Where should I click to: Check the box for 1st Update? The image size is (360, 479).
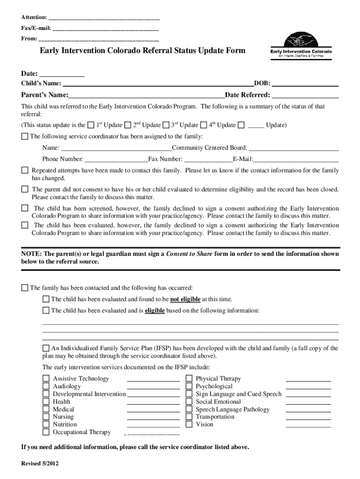[x=91, y=125]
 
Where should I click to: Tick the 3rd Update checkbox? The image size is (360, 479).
[x=166, y=125]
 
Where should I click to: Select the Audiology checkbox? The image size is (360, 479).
[x=46, y=386]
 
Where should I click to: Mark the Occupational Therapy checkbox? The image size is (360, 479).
[x=46, y=432]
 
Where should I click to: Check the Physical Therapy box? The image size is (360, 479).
[x=189, y=378]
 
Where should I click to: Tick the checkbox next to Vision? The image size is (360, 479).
[x=189, y=424]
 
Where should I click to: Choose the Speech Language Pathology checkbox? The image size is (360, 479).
[x=189, y=409]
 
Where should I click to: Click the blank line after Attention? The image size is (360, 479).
[x=104, y=18]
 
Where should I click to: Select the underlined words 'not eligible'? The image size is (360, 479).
[x=185, y=299]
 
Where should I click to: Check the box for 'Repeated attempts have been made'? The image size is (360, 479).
[x=25, y=170]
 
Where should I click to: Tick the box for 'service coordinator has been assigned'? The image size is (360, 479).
[x=25, y=137]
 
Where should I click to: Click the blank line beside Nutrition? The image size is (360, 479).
[x=153, y=425]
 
